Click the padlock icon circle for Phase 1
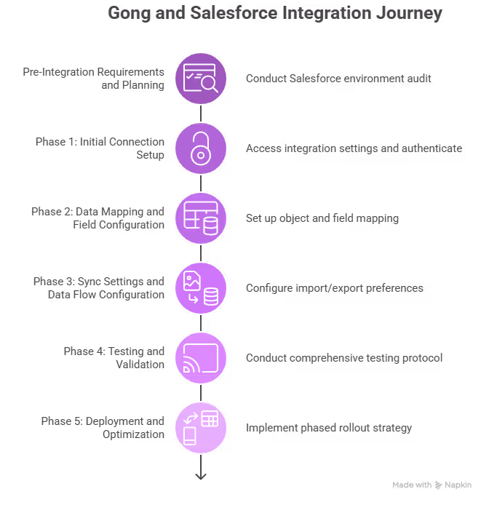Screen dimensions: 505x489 tap(201, 148)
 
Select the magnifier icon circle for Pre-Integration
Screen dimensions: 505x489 tap(201, 78)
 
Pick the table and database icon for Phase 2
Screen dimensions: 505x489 tap(201, 218)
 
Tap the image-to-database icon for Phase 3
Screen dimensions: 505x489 tap(201, 287)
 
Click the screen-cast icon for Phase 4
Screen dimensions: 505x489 tap(201, 357)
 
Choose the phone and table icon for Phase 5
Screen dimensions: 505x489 tap(201, 427)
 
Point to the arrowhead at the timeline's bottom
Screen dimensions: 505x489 tap(201, 476)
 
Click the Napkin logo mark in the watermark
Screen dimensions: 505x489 tap(439, 485)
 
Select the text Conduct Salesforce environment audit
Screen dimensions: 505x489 tap(338, 78)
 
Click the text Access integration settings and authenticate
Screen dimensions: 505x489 tap(354, 148)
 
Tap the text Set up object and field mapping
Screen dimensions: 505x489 tap(322, 218)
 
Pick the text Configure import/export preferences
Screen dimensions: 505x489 tap(334, 287)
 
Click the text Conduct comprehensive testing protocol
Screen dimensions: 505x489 tap(343, 357)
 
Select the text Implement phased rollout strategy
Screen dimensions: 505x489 tap(329, 427)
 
